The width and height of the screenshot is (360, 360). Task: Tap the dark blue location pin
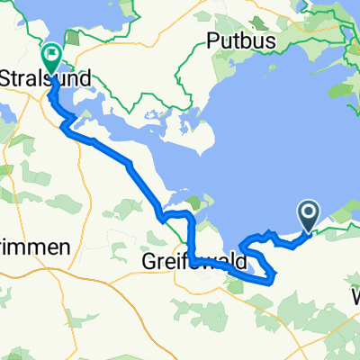pyautogui.click(x=308, y=215)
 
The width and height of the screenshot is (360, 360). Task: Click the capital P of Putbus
pyautogui.click(x=212, y=40)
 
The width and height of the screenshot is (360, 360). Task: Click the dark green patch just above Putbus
pyautogui.click(x=236, y=16)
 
